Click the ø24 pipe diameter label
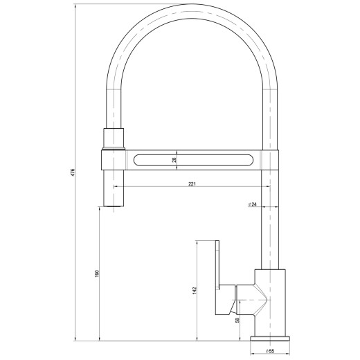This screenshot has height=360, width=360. (x=253, y=205)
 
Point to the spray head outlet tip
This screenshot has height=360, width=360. (x=114, y=201)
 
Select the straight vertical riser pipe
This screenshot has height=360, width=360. (x=269, y=222)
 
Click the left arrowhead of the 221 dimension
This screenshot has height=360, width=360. (x=116, y=188)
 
